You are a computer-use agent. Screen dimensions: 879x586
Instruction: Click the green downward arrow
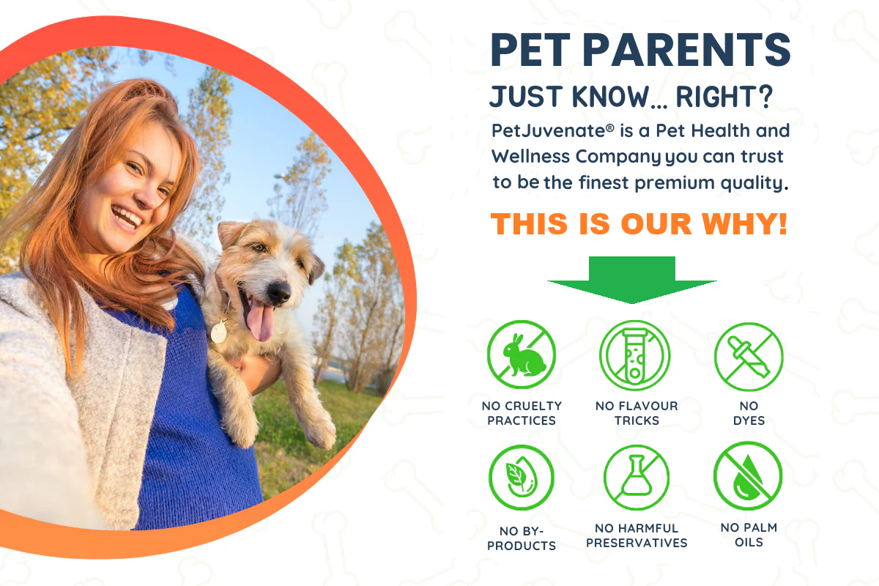tap(631, 280)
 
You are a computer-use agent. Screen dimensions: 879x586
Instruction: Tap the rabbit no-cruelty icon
tap(522, 355)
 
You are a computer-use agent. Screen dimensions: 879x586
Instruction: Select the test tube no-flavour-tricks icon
tap(635, 355)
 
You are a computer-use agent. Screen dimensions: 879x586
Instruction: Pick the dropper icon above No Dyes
tap(749, 357)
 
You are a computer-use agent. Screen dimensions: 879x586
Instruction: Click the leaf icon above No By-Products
tap(522, 478)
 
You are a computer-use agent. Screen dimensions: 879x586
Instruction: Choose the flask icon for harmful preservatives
tap(636, 478)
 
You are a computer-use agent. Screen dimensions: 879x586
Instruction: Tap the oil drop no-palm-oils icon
tap(748, 476)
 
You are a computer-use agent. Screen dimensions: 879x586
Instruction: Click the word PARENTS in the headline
tap(686, 50)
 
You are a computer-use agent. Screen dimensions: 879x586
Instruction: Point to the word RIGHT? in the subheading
tap(724, 97)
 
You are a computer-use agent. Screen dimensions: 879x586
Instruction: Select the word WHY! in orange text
tap(744, 223)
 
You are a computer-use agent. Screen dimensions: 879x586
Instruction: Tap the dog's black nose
tap(279, 292)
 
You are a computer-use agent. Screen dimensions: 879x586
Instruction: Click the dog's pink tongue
tap(260, 319)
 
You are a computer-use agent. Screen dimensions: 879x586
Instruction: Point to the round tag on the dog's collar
tap(218, 332)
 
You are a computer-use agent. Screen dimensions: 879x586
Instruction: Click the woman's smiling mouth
tap(127, 218)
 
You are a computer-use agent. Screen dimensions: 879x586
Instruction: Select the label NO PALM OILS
tap(749, 535)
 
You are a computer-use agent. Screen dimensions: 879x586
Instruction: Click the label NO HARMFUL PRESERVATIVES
tap(637, 535)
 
